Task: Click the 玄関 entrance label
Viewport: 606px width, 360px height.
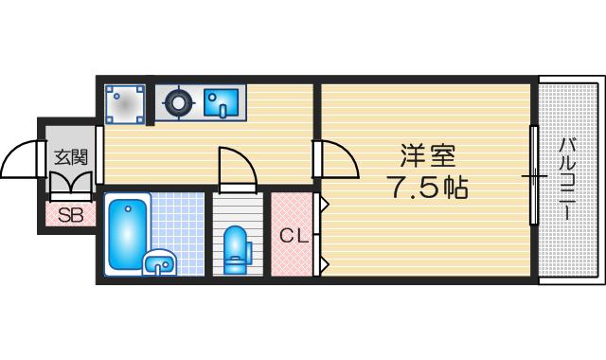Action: pyautogui.click(x=70, y=157)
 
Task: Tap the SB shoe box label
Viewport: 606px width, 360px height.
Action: pyautogui.click(x=71, y=215)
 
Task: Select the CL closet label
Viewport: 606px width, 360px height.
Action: pyautogui.click(x=294, y=236)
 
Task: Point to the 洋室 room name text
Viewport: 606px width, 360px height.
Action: pyautogui.click(x=428, y=155)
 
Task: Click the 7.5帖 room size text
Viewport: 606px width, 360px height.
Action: pyautogui.click(x=430, y=188)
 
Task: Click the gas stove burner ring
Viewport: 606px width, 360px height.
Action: pyautogui.click(x=179, y=103)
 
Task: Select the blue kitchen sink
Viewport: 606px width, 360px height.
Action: pyautogui.click(x=221, y=102)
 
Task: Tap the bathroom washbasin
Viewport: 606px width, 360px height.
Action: pyautogui.click(x=160, y=262)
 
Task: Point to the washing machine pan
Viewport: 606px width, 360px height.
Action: pyautogui.click(x=125, y=104)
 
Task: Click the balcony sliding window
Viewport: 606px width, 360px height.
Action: pyautogui.click(x=534, y=174)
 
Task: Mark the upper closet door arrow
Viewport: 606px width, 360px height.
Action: pyautogui.click(x=325, y=203)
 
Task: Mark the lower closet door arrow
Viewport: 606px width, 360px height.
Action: pyautogui.click(x=325, y=264)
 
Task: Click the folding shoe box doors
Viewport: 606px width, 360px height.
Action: pyautogui.click(x=71, y=182)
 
